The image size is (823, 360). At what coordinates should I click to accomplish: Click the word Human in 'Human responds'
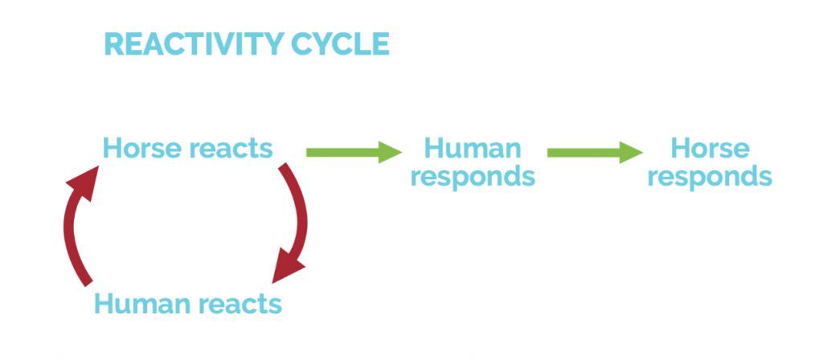[472, 149]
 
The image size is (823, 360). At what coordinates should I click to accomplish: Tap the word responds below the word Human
[472, 176]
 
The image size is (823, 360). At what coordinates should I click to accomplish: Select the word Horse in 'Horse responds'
[710, 149]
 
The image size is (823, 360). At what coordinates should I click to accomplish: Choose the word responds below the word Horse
[710, 176]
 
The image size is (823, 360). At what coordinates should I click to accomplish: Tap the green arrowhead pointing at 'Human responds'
[391, 151]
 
